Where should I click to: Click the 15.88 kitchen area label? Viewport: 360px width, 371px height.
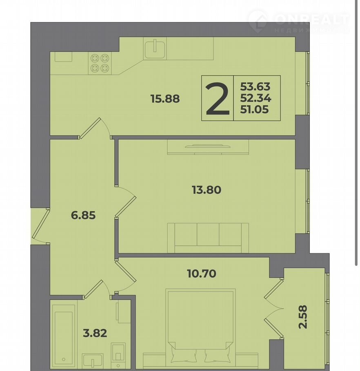(165, 98)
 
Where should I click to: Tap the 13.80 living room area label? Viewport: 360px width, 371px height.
(207, 190)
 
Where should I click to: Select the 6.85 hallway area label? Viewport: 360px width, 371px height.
(83, 215)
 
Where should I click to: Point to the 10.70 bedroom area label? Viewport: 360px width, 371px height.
(202, 274)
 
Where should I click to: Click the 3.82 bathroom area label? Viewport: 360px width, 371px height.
(95, 333)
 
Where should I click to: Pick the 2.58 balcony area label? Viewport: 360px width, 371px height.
(303, 317)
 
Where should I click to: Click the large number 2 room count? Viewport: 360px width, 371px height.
(218, 99)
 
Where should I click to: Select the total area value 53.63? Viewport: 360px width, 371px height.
(256, 86)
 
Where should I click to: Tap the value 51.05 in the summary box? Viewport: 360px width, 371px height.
(254, 109)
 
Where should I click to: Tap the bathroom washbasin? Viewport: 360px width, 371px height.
(93, 361)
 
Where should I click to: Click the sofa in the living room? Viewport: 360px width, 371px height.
(208, 238)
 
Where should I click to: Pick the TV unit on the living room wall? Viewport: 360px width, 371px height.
(208, 147)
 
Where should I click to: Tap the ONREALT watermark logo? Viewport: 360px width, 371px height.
(299, 21)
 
